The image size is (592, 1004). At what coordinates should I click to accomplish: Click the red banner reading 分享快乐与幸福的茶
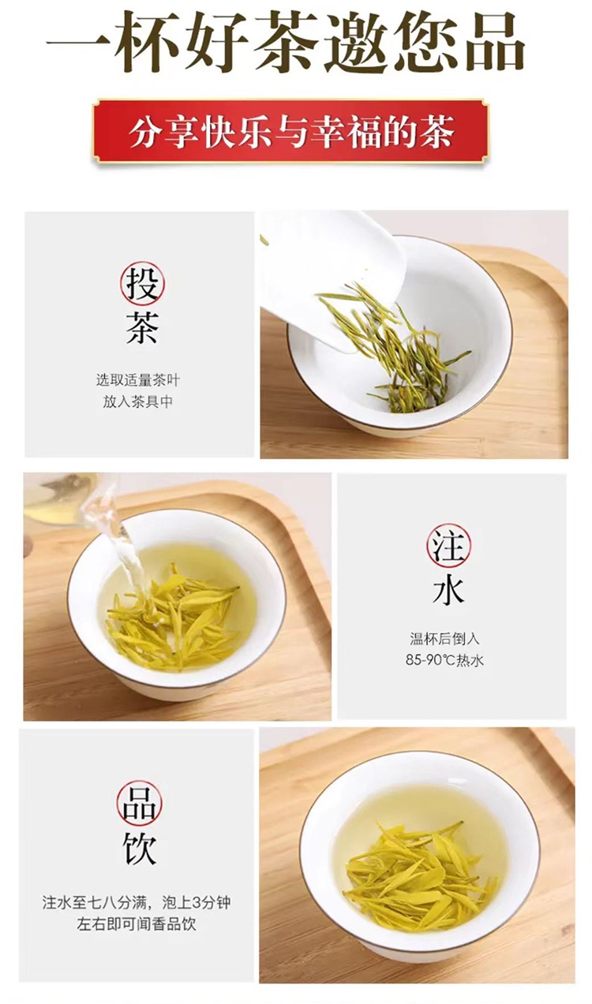[x=290, y=132]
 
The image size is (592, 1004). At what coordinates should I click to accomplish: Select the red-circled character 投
[x=142, y=284]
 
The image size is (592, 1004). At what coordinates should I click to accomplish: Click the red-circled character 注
[x=448, y=546]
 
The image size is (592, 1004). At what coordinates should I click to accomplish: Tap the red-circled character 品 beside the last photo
[x=140, y=804]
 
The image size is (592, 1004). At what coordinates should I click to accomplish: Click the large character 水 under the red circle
[x=448, y=589]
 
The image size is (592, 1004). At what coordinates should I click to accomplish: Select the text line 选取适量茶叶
[x=137, y=380]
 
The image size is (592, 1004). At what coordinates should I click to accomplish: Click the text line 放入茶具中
[x=137, y=401]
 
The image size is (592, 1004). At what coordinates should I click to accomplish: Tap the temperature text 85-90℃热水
[x=444, y=660]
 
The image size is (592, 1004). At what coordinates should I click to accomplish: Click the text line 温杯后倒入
[x=444, y=638]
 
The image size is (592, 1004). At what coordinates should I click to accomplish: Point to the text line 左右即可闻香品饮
[x=137, y=924]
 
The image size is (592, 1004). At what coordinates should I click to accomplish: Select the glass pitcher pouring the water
[x=63, y=498]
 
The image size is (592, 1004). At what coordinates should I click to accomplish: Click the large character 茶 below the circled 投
[x=142, y=328]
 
